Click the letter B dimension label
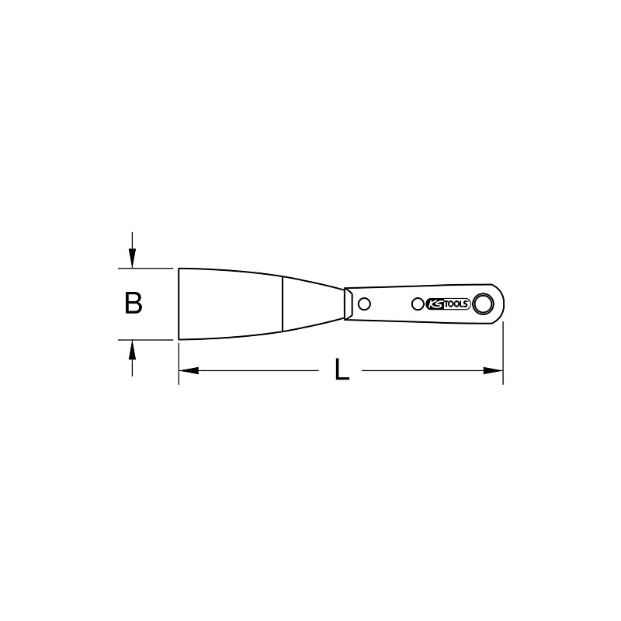134,304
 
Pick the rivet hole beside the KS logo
418,304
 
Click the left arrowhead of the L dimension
186,371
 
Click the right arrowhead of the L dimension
497,371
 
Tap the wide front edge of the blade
179,304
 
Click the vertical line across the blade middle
283,304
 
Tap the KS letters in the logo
435,304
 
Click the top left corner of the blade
180,269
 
